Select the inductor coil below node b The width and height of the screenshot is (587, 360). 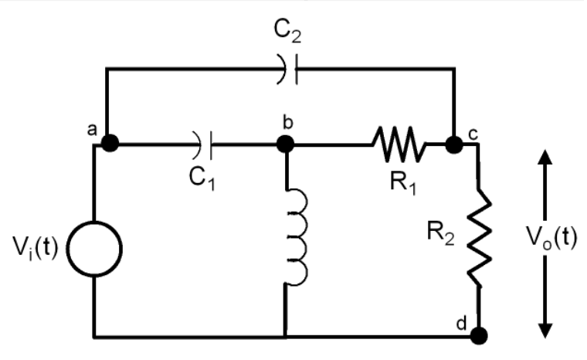[296, 236]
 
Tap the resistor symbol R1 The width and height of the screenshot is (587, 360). [398, 144]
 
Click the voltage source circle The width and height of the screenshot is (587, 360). [94, 250]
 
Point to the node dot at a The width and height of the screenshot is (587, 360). [110, 143]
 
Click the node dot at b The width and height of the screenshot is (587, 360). [286, 143]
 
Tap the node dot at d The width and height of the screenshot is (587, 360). [479, 335]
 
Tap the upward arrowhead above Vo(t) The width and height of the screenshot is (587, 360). [545, 158]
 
